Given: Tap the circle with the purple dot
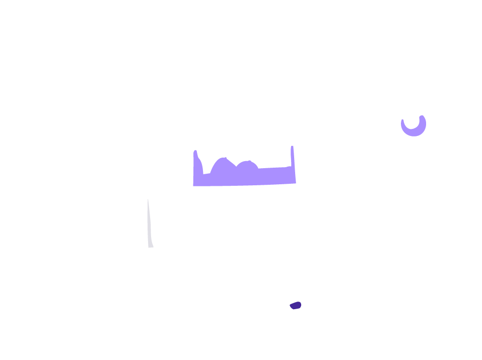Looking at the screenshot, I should (296, 304).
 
